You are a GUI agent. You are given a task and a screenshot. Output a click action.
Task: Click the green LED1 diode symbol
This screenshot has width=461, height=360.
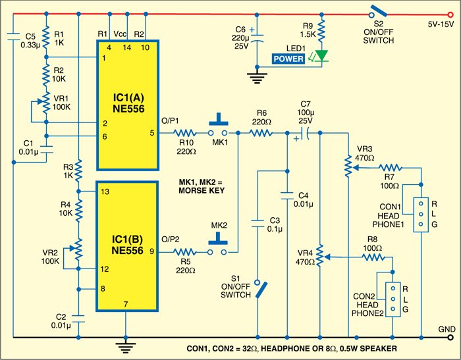321,57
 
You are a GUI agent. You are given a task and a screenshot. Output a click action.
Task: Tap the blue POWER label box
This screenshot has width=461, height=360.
289,59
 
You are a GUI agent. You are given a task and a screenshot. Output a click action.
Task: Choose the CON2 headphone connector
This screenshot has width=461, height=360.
393,299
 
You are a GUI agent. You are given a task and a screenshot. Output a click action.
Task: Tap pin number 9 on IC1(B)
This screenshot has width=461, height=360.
152,251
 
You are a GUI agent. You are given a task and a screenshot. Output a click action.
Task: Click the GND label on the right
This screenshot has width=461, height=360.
445,328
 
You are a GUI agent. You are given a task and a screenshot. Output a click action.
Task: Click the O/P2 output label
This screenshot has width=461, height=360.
171,238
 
